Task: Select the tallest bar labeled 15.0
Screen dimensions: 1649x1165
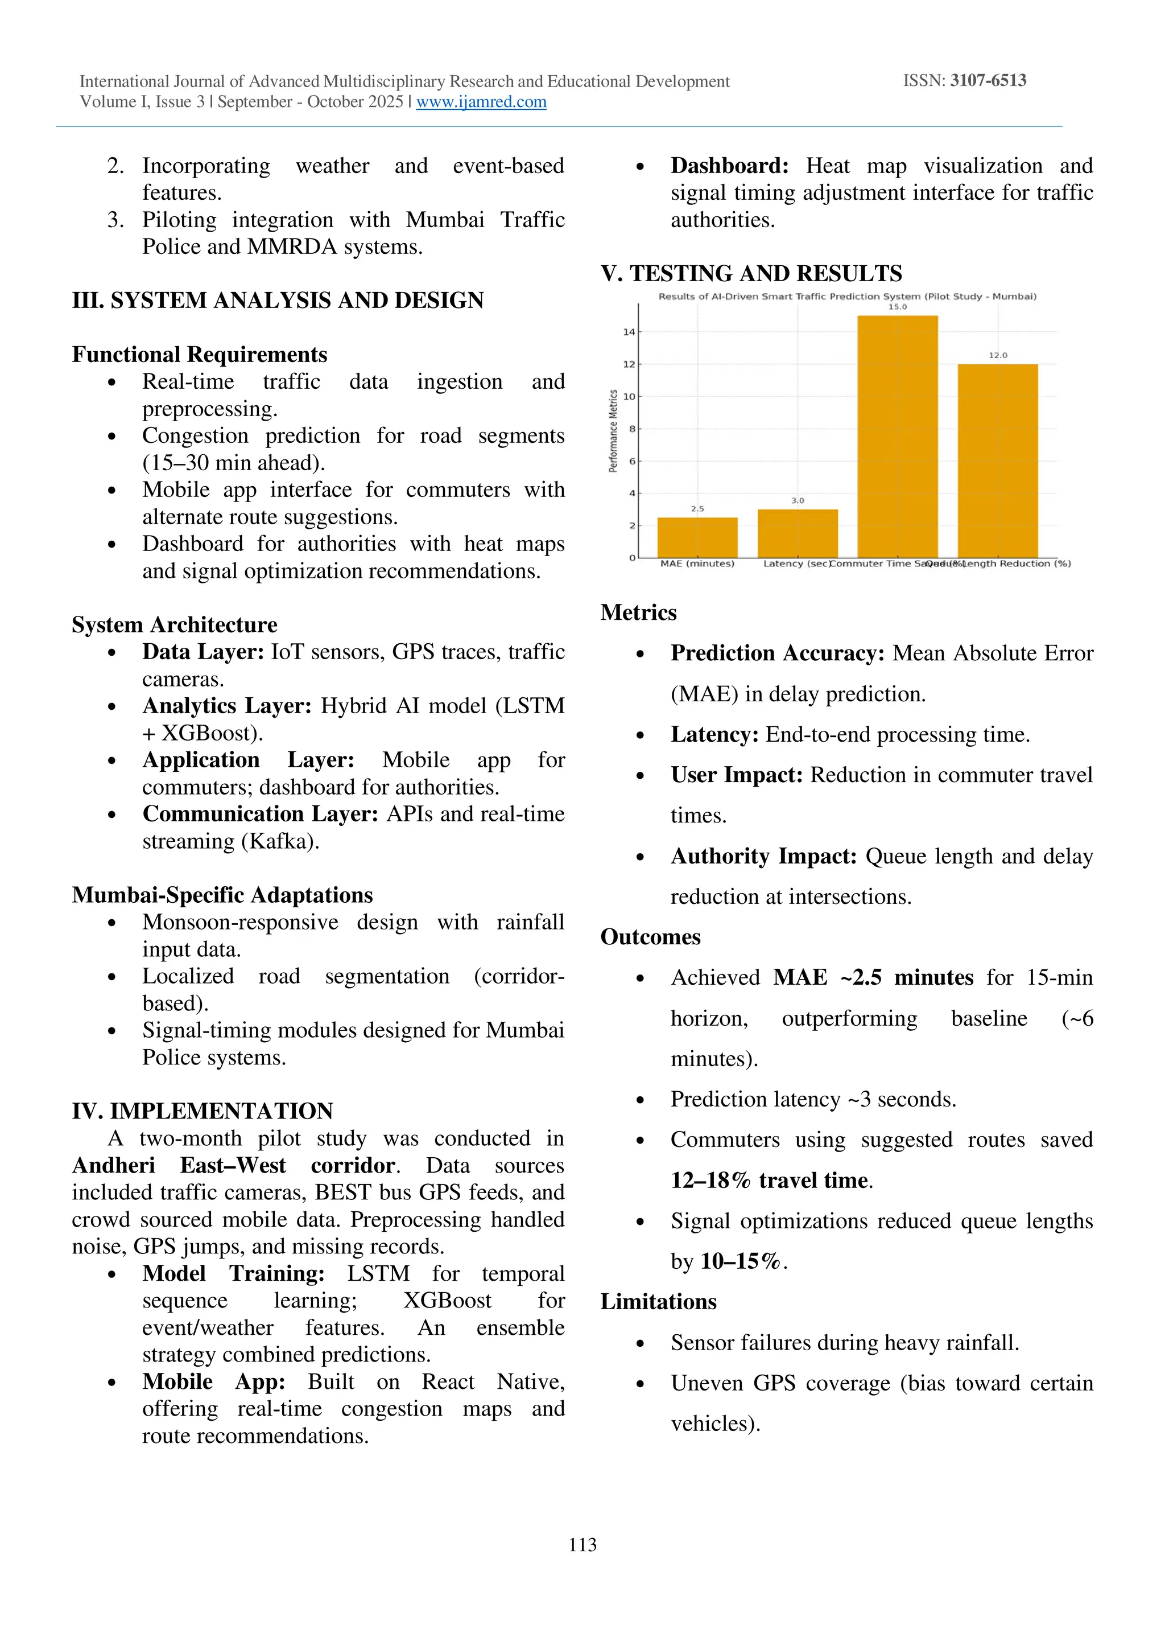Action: point(897,436)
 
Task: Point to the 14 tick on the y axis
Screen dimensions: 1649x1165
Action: point(629,332)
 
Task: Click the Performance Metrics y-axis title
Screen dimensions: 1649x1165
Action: point(613,431)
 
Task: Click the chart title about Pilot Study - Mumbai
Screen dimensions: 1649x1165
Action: point(847,297)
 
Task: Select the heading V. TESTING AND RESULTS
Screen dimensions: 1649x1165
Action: point(751,274)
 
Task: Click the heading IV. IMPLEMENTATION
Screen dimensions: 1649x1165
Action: point(203,1111)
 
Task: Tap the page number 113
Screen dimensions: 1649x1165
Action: point(582,1544)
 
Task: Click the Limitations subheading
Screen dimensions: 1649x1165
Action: point(658,1301)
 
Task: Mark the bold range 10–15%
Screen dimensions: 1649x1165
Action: point(740,1261)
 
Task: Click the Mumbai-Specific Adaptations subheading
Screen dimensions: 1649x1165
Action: point(222,895)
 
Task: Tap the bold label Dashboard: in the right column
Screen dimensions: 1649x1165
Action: point(729,166)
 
